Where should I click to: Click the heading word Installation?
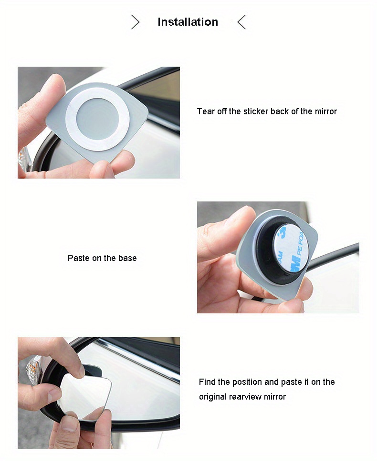pos(188,22)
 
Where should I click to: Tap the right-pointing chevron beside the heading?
pos(135,22)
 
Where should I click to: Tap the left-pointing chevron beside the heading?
pos(241,22)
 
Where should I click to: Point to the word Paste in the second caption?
pos(79,258)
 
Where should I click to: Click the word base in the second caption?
pos(127,258)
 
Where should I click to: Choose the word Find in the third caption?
pos(207,382)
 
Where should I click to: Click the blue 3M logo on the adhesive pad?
pos(295,263)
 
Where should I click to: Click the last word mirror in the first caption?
pos(326,111)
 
